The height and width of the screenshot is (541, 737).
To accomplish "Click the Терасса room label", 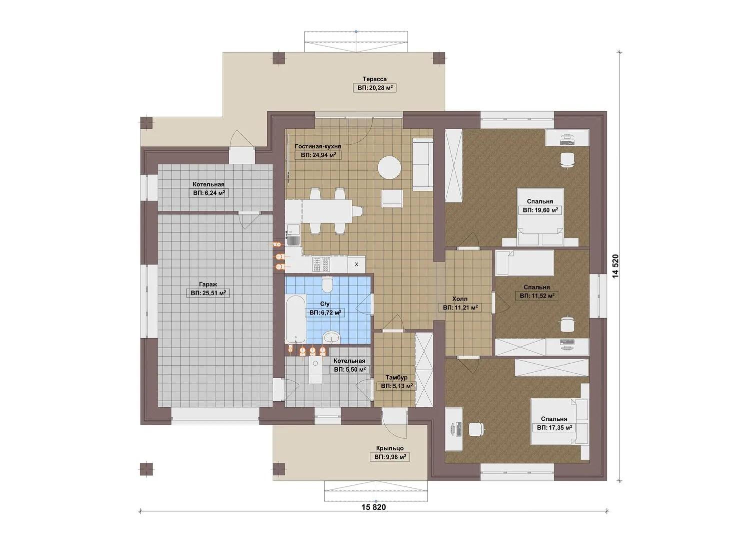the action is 374,79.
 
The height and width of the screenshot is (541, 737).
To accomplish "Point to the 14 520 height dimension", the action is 615,266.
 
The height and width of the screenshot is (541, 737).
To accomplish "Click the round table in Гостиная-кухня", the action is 389,167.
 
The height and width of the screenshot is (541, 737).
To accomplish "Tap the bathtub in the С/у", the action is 296,319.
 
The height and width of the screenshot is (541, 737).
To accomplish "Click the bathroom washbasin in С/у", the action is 332,337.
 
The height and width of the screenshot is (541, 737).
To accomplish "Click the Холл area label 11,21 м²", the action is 460,308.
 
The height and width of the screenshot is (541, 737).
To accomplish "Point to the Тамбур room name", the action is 396,377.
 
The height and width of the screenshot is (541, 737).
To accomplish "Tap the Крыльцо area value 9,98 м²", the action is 390,457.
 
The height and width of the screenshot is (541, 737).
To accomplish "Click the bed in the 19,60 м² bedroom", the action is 539,216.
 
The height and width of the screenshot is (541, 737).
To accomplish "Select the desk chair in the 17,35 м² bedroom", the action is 476,430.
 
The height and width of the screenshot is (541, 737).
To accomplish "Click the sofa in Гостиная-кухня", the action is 422,164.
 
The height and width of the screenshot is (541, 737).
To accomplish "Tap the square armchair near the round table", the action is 392,199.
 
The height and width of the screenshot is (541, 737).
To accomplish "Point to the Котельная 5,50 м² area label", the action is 350,370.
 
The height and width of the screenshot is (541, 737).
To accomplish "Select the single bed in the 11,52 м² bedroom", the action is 524,262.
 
